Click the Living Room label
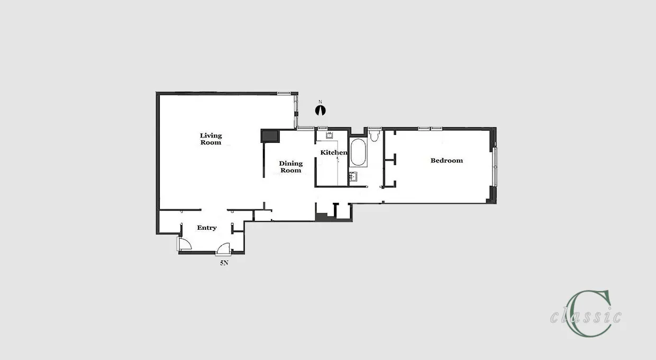click(x=211, y=139)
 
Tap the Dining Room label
click(x=291, y=167)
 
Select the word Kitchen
click(x=334, y=152)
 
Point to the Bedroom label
click(x=447, y=160)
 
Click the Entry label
click(x=207, y=228)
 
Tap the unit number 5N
click(x=224, y=263)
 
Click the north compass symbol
click(x=321, y=111)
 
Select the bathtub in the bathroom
click(x=358, y=152)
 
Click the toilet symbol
click(x=374, y=136)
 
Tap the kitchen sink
click(x=330, y=135)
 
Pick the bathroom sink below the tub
click(x=353, y=176)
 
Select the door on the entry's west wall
click(x=185, y=244)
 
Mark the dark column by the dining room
click(x=270, y=136)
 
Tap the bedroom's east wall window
click(x=495, y=167)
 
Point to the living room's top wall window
click(x=284, y=94)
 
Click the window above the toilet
click(x=375, y=129)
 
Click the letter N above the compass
click(x=320, y=102)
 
